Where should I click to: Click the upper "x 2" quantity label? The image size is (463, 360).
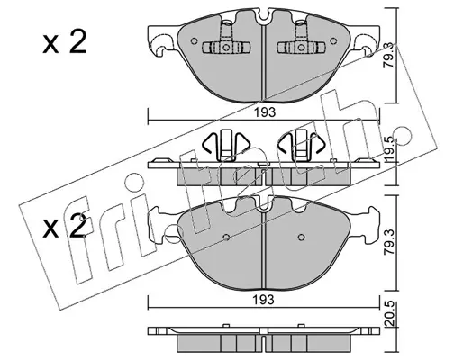64,42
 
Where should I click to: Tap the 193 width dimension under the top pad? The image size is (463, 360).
265,112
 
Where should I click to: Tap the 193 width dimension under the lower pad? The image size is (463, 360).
264,300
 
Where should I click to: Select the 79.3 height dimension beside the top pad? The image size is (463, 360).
389,60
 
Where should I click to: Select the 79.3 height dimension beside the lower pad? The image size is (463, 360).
389,242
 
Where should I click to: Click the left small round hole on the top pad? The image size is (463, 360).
195,40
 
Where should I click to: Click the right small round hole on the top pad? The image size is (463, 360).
333,40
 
